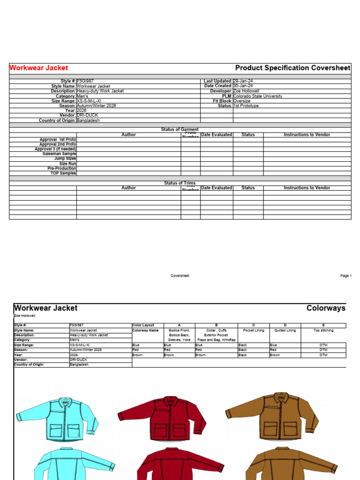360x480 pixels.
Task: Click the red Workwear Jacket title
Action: click(x=39, y=68)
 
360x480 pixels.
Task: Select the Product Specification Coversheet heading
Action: click(x=292, y=68)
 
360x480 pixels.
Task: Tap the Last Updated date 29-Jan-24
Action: click(x=243, y=81)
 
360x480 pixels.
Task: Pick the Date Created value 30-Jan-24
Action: click(x=243, y=86)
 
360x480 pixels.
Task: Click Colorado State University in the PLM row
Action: click(x=258, y=96)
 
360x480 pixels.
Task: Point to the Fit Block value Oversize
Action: click(x=242, y=101)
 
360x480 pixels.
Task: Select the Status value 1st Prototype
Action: click(x=246, y=106)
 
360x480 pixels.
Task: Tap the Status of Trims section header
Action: click(x=180, y=183)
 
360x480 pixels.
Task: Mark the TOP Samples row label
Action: click(x=63, y=173)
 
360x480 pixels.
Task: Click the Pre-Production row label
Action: click(x=61, y=168)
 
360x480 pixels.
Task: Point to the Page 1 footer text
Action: click(x=345, y=276)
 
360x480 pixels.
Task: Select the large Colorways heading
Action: click(x=326, y=308)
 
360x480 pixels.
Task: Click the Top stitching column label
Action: click(x=323, y=330)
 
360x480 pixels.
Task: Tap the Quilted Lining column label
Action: click(x=285, y=330)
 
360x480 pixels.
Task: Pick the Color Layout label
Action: click(x=142, y=325)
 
